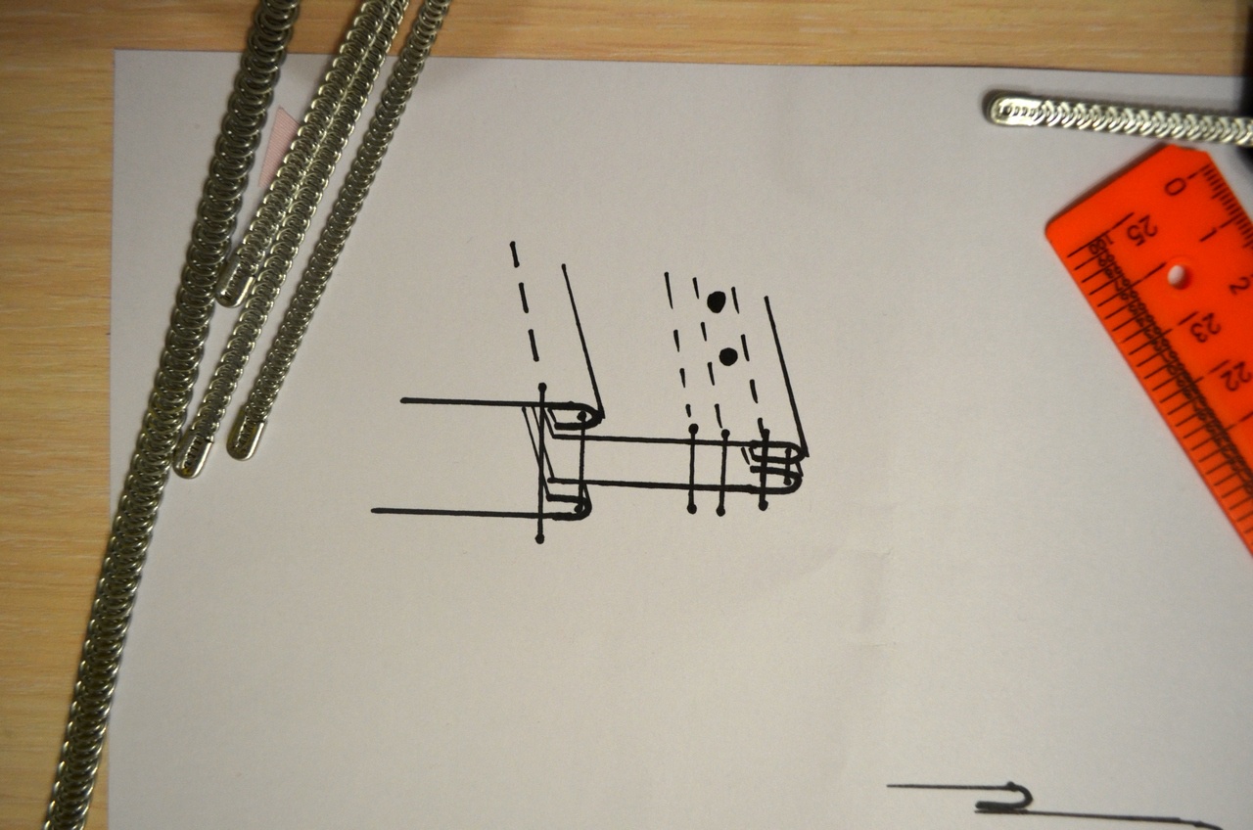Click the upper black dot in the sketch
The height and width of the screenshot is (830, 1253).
tap(716, 301)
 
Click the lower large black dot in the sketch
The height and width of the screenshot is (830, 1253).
tap(727, 356)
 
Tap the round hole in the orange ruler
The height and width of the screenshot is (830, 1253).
tap(1177, 275)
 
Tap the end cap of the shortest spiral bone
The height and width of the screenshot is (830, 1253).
tap(231, 286)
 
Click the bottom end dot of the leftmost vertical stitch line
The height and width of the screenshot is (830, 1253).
tap(539, 539)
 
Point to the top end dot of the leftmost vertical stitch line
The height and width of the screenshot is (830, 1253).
tap(541, 387)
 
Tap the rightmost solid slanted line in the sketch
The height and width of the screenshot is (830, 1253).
tap(786, 376)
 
